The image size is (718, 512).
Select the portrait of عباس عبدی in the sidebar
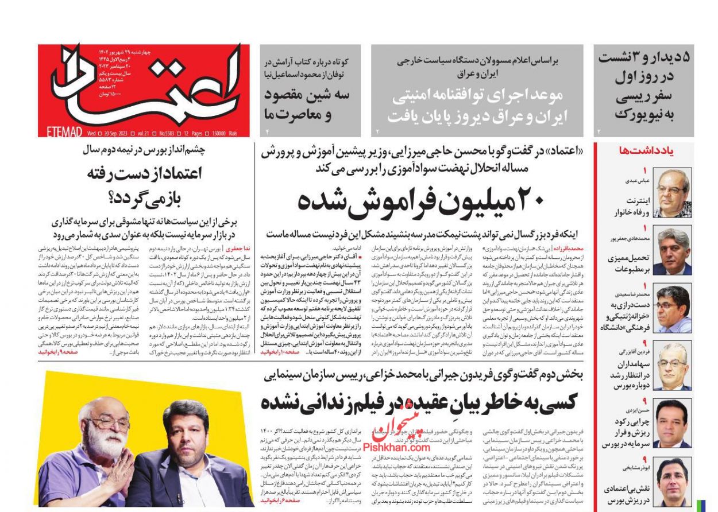pos(673,193)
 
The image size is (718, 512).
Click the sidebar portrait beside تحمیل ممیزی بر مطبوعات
pos(673,251)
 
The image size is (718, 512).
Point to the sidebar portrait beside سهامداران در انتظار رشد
pos(673,366)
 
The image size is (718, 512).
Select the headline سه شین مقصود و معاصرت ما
pos(307,104)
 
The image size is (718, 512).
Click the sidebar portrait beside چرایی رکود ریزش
pos(673,424)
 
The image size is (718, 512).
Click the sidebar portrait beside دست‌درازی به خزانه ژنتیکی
pos(673,308)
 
